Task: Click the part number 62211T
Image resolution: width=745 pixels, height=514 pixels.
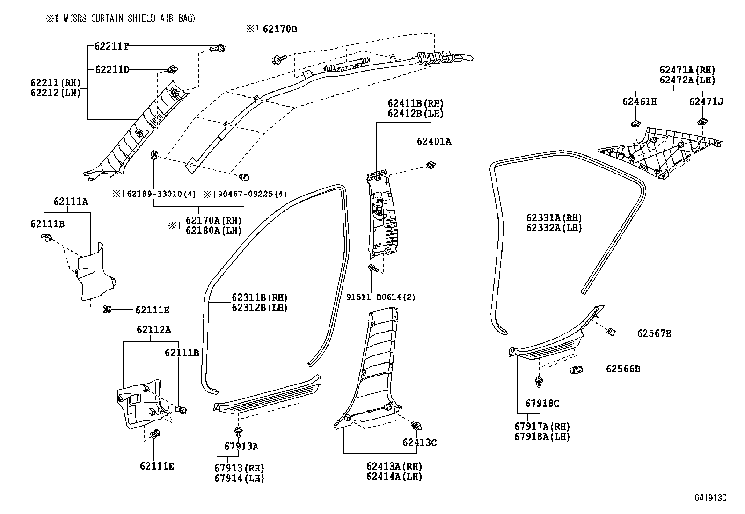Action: tap(111, 46)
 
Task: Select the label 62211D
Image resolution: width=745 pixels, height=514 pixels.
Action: tap(112, 70)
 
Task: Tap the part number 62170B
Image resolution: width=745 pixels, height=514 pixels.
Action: tap(280, 29)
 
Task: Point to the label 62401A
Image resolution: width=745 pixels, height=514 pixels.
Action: tap(434, 141)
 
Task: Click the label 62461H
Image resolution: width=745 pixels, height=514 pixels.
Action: tap(639, 101)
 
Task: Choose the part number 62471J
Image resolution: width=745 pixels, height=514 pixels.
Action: tap(706, 101)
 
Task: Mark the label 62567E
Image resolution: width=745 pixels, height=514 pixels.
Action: tap(654, 333)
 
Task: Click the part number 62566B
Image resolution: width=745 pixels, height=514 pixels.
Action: tap(623, 369)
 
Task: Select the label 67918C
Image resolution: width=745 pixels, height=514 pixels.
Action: tap(542, 403)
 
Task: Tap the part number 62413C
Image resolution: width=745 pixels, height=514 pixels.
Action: tap(419, 442)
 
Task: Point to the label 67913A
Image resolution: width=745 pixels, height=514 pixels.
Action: tap(241, 446)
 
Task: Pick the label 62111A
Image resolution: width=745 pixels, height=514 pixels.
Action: tap(71, 202)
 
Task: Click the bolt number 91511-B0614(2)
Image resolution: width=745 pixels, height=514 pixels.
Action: tap(380, 297)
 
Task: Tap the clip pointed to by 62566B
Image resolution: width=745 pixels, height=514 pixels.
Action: tap(576, 369)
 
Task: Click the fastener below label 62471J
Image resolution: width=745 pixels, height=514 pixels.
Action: tap(701, 122)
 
